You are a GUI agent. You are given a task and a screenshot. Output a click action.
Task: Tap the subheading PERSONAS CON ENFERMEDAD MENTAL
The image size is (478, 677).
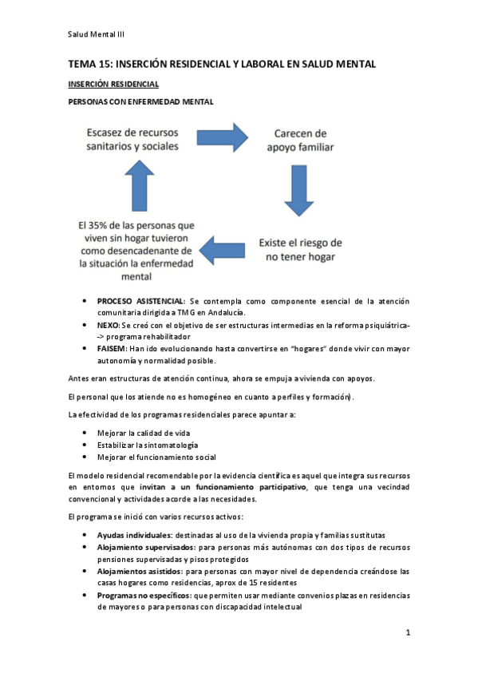click(140, 101)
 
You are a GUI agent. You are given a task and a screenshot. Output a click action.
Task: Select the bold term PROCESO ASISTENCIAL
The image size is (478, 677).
click(140, 300)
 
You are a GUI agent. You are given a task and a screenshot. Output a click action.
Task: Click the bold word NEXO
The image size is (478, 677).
click(108, 326)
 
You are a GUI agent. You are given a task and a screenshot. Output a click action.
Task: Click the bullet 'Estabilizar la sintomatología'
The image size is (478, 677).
click(148, 445)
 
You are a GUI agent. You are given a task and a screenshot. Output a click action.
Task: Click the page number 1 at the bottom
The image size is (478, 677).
click(407, 633)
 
